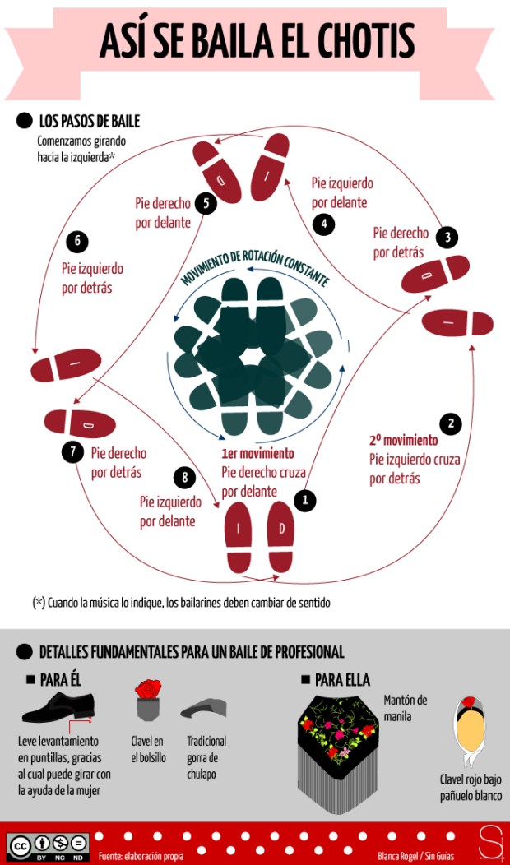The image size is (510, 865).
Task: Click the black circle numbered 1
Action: pos(305,499)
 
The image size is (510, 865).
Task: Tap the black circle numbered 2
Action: pos(450,423)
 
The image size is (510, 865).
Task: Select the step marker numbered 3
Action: pos(447,238)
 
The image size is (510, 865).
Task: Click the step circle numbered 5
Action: pos(206,202)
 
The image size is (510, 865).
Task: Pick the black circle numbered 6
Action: pos(77,242)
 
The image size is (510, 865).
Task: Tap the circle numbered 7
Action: pos(72,451)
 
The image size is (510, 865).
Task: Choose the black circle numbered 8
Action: pos(185,478)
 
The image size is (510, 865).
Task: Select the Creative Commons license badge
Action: pos(49,845)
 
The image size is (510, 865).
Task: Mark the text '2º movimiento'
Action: pos(403,441)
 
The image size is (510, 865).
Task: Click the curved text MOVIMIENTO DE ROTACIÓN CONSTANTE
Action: pos(255,268)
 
